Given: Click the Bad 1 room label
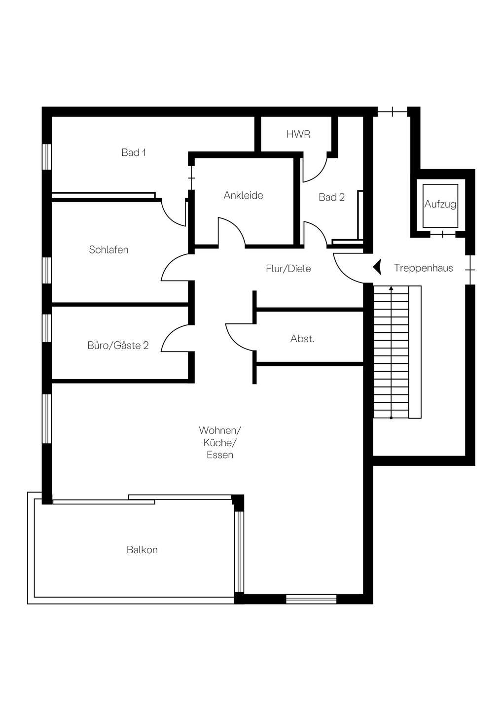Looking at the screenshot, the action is pyautogui.click(x=134, y=152).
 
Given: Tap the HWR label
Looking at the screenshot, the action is pyautogui.click(x=298, y=135).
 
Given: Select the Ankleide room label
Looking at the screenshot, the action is pyautogui.click(x=244, y=195).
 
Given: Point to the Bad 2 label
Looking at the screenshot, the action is pyautogui.click(x=331, y=197).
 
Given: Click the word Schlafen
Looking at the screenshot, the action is pyautogui.click(x=108, y=250).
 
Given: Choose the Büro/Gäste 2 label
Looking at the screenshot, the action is pyautogui.click(x=118, y=345).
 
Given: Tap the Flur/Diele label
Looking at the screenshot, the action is pyautogui.click(x=288, y=269).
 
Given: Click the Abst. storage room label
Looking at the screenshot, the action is pyautogui.click(x=302, y=339).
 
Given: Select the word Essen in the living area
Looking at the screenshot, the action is pyautogui.click(x=220, y=455).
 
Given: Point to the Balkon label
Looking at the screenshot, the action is pyautogui.click(x=143, y=550).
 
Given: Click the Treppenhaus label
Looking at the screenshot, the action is pyautogui.click(x=424, y=268).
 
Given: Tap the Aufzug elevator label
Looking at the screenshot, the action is pyautogui.click(x=440, y=204).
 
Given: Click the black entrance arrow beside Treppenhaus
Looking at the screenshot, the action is pyautogui.click(x=377, y=267).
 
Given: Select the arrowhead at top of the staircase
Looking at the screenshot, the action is pyautogui.click(x=392, y=288).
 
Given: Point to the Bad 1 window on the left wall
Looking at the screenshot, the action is pyautogui.click(x=46, y=157).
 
